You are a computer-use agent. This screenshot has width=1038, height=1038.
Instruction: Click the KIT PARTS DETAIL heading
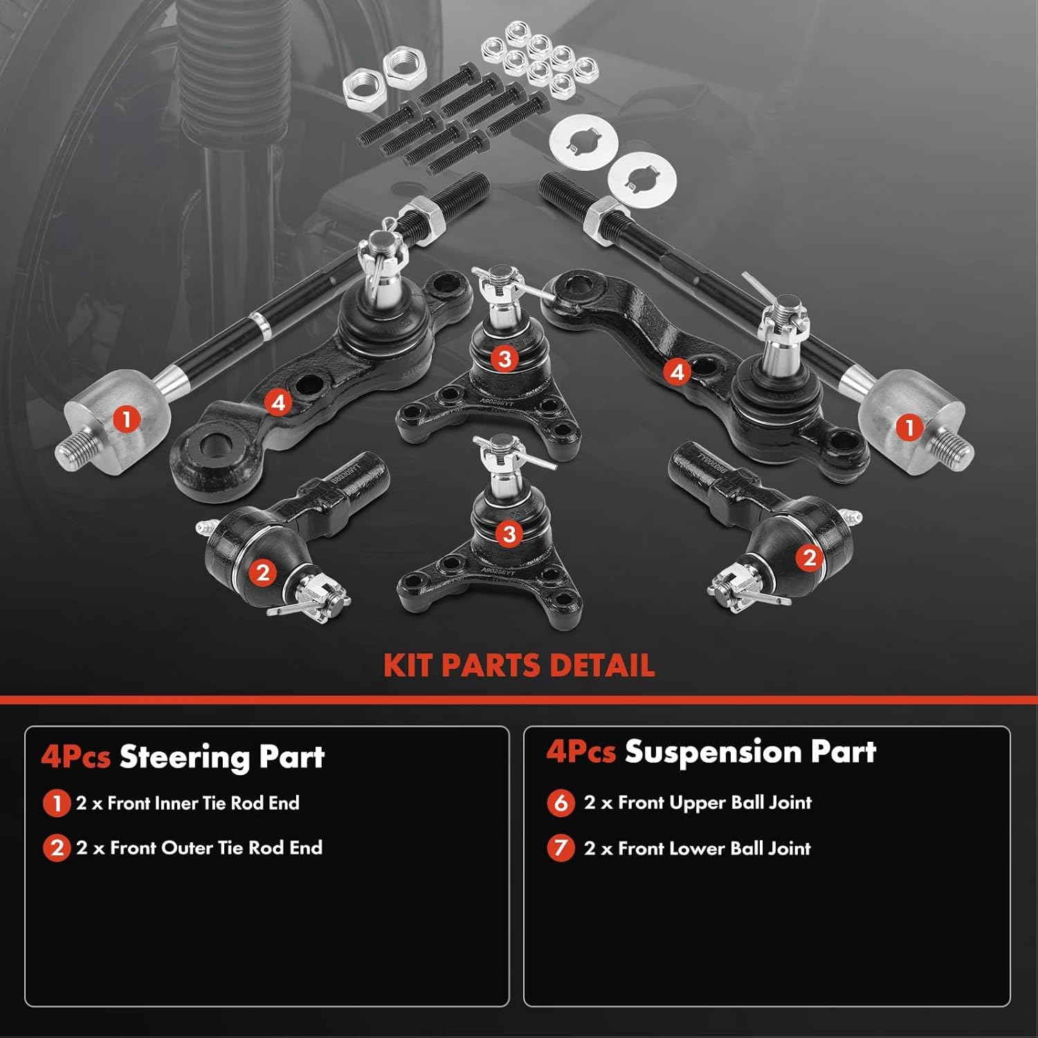[519, 665]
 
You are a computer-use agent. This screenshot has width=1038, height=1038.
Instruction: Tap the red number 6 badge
[561, 803]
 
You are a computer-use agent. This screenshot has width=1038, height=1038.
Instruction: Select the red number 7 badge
[561, 848]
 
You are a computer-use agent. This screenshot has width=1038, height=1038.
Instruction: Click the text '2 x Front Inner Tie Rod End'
[188, 803]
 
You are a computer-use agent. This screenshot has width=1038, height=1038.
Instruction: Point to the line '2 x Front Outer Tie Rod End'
[199, 848]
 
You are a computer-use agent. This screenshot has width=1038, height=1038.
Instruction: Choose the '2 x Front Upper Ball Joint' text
[698, 803]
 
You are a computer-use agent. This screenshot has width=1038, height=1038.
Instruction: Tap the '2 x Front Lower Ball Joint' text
[697, 848]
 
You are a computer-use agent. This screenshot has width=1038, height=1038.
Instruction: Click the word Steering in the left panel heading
[176, 757]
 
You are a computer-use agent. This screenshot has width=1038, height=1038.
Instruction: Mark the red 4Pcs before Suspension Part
[581, 752]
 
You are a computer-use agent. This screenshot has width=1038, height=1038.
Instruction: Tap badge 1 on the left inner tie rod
[126, 419]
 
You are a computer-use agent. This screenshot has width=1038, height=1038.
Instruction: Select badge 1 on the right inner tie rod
[909, 427]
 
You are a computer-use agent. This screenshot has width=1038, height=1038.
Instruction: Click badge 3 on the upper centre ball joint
[504, 358]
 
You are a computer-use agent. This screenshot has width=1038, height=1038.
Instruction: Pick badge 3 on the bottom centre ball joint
[509, 534]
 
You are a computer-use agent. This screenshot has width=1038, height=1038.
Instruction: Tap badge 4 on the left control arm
[278, 402]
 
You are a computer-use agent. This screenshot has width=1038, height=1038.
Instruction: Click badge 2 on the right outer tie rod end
[809, 558]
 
